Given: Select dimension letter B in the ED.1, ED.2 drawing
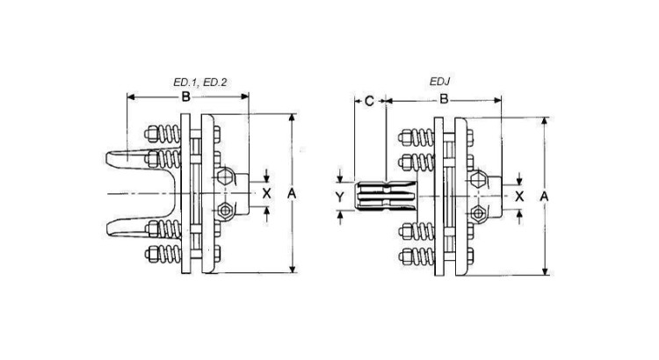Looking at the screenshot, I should (x=186, y=97).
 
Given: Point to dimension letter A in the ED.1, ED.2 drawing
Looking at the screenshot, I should (x=292, y=192).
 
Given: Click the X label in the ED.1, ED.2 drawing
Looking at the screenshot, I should (x=267, y=192).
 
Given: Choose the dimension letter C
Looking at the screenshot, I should (x=369, y=101).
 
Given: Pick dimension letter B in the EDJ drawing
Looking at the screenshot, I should (x=445, y=101).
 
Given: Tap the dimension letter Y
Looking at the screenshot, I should (x=340, y=198).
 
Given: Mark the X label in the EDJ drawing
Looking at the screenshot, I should (x=520, y=196).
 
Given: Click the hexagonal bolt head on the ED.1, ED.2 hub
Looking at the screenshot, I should (x=228, y=178).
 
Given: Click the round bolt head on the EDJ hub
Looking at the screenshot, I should (x=479, y=213).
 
